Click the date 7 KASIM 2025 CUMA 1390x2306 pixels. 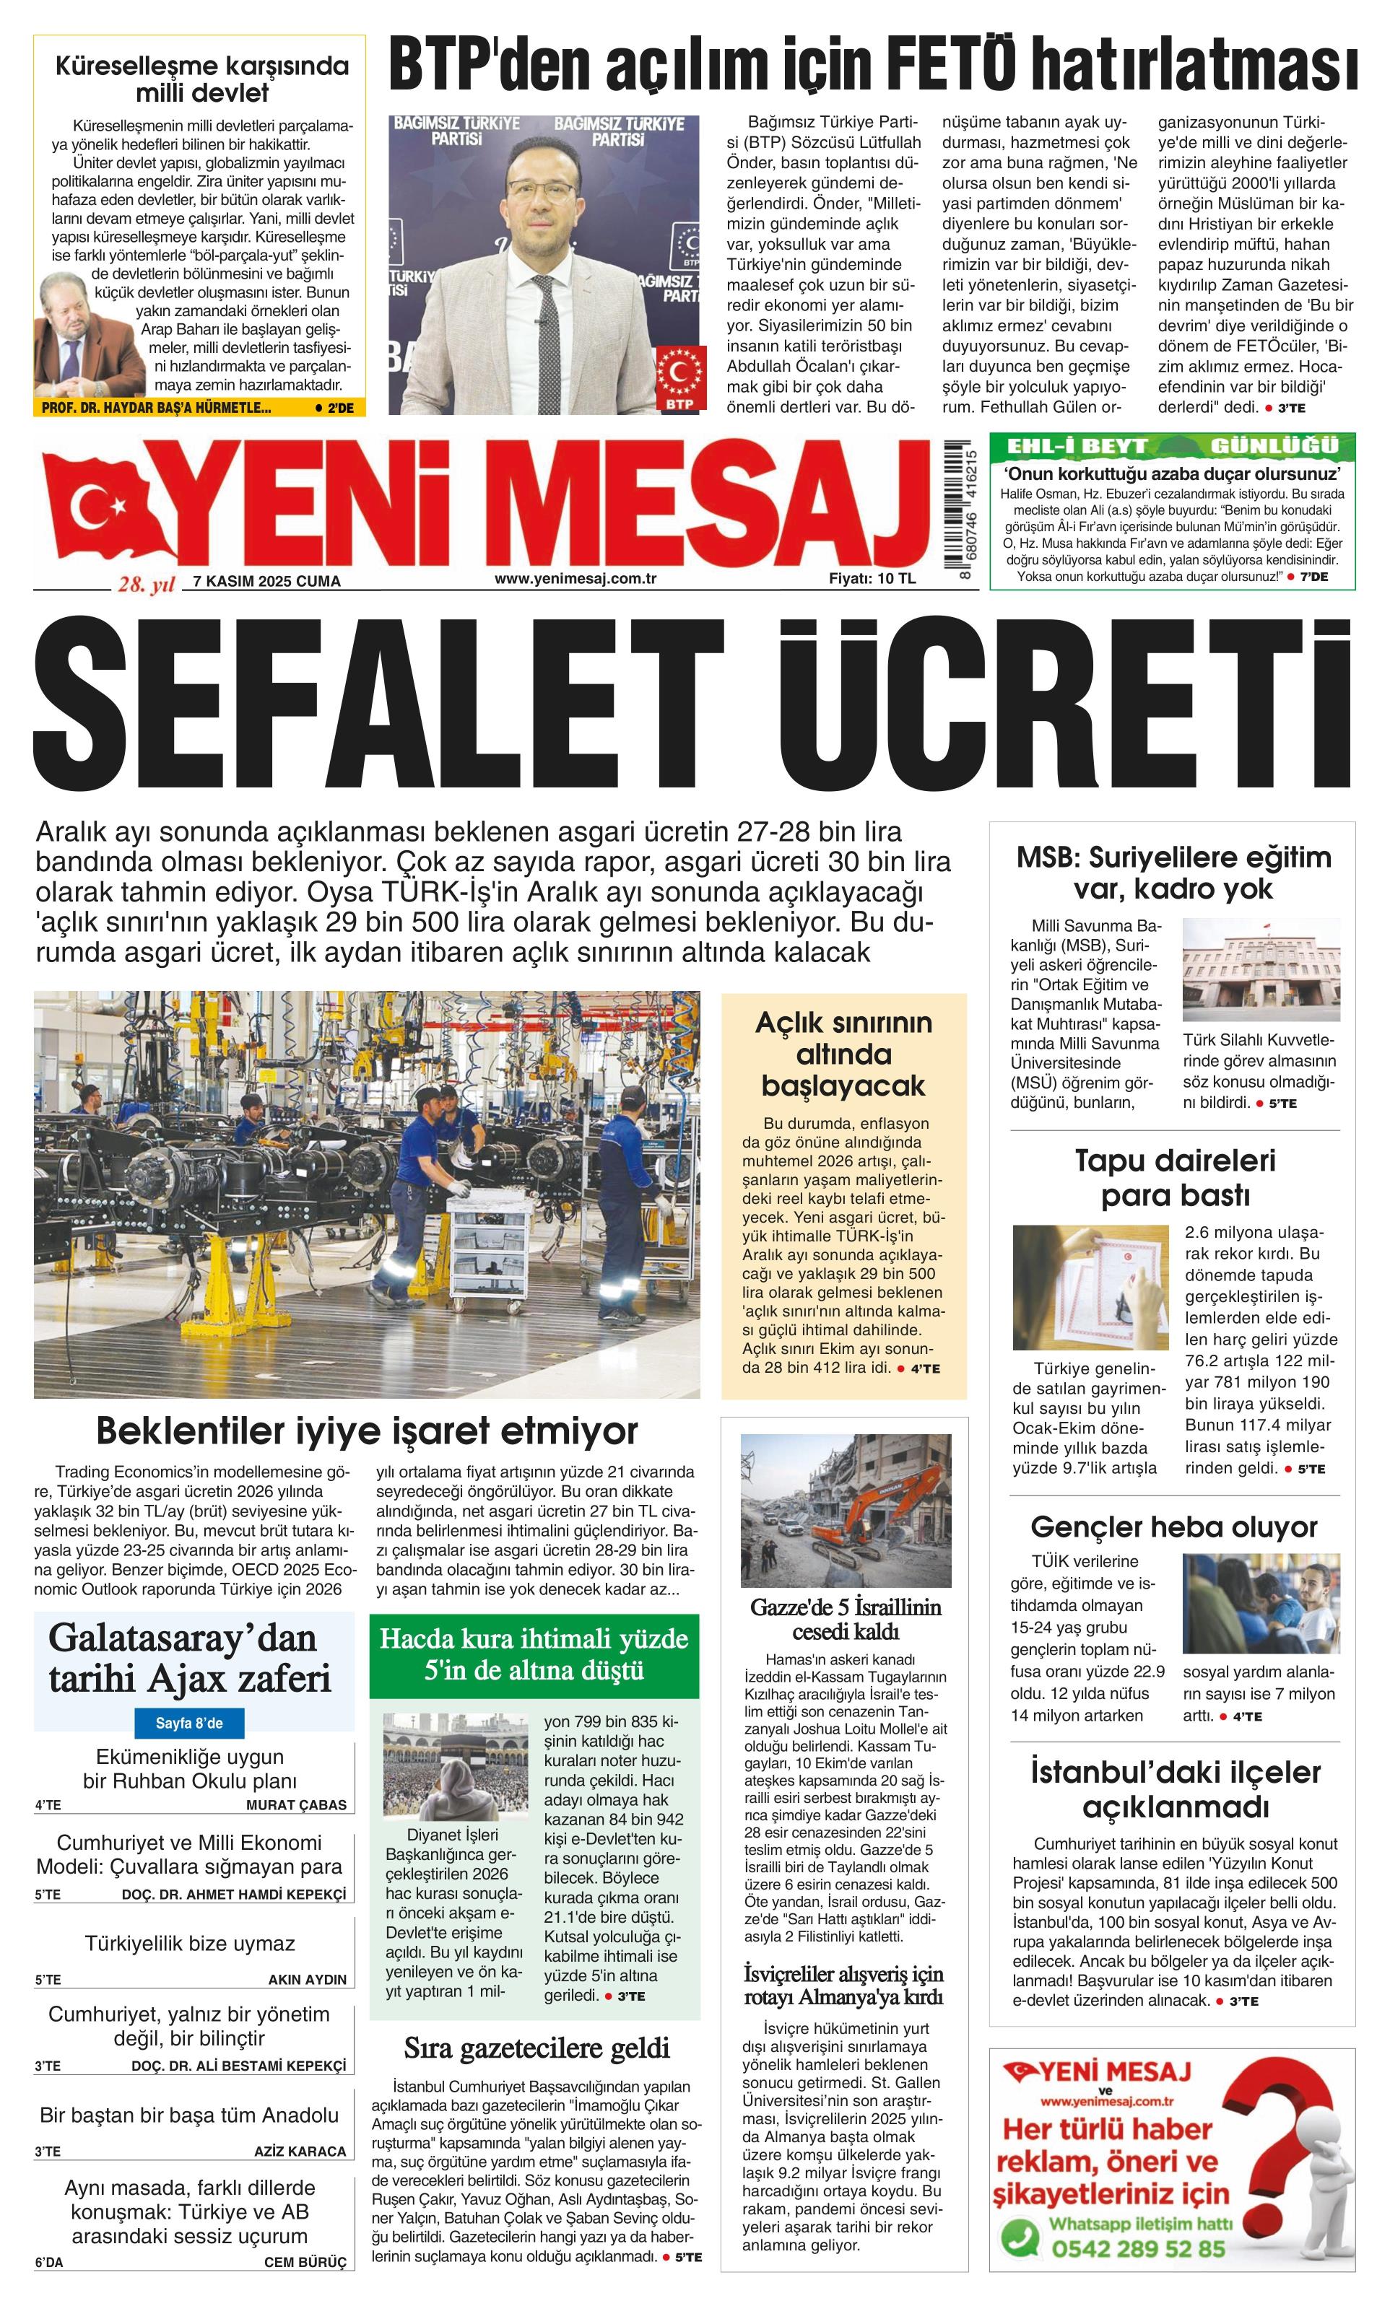(266, 581)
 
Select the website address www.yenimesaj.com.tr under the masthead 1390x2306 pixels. (575, 578)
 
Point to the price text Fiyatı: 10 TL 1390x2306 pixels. (872, 578)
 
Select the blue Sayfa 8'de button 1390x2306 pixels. (189, 1722)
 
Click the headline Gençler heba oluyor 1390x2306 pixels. (1174, 1527)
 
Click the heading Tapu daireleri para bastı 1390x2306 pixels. (1175, 1177)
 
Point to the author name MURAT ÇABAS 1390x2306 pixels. (296, 1804)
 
